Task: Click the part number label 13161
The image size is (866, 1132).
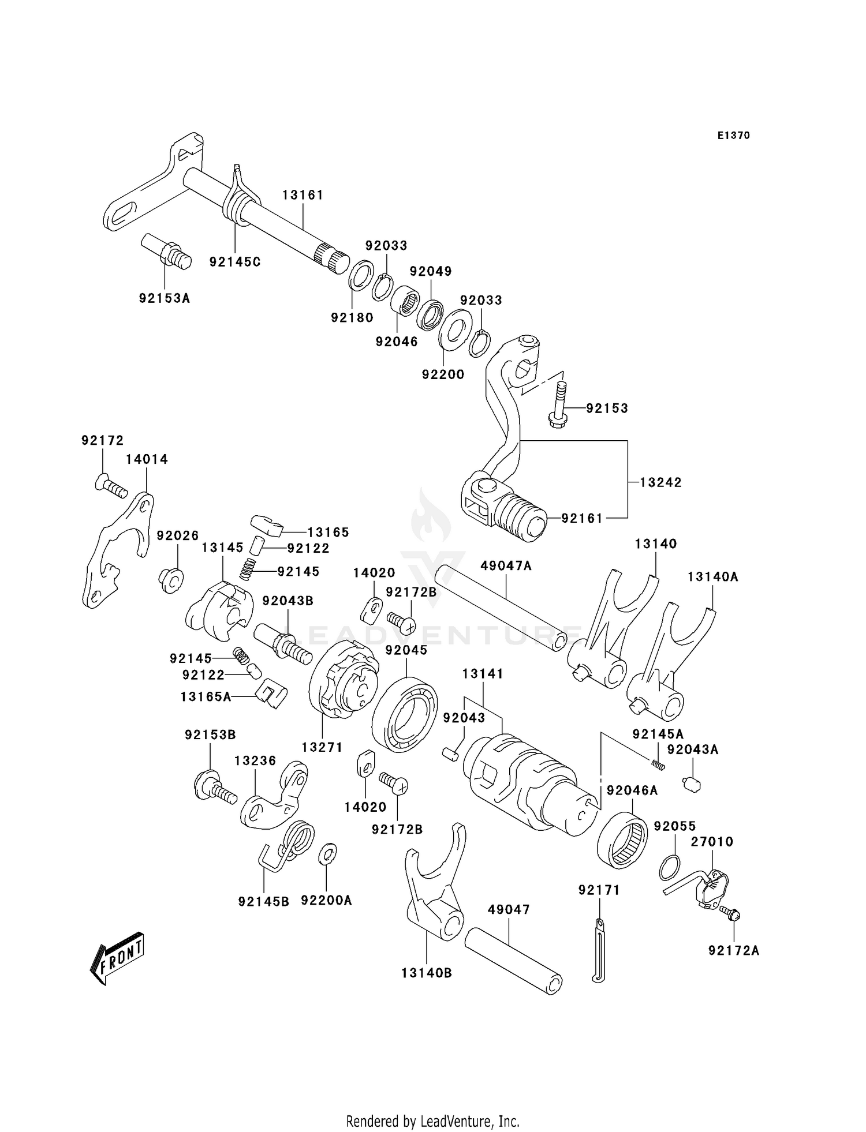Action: click(x=303, y=195)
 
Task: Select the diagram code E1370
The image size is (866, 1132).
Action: click(x=733, y=136)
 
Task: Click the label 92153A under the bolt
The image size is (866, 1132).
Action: click(x=164, y=298)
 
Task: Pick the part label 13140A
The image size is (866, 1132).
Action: click(x=712, y=576)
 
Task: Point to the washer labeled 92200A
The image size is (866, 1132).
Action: click(x=328, y=852)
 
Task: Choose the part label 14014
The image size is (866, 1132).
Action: click(x=147, y=459)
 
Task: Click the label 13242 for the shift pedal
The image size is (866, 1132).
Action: click(x=660, y=482)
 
